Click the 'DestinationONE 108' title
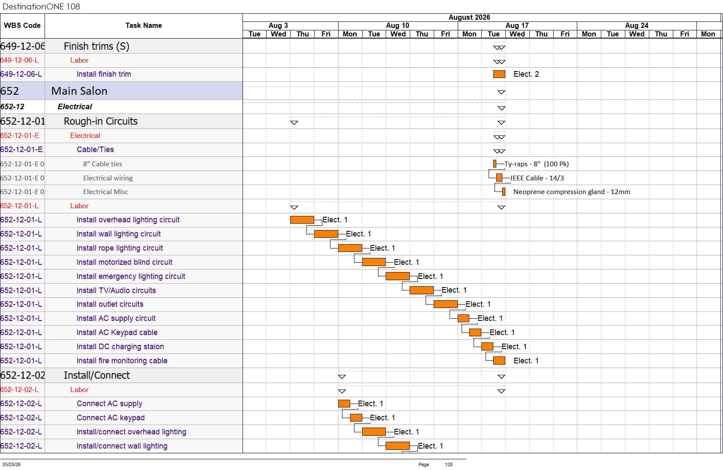click(41, 6)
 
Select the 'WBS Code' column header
click(22, 25)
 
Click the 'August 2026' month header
click(469, 17)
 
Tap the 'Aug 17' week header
click(517, 25)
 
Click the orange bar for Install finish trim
click(499, 74)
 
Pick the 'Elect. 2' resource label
click(526, 74)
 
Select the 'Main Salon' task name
click(79, 91)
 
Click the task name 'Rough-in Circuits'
click(101, 121)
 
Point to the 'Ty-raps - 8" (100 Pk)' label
click(537, 164)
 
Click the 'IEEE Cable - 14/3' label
click(537, 178)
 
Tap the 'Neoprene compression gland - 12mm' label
click(572, 192)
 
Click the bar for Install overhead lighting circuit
click(302, 220)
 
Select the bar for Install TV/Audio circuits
click(422, 290)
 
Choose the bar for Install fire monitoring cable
click(499, 361)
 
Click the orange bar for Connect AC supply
click(344, 404)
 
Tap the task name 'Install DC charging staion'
click(120, 347)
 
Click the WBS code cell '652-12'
click(12, 107)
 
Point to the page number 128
click(449, 464)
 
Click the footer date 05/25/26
click(12, 464)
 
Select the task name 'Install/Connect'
click(97, 375)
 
